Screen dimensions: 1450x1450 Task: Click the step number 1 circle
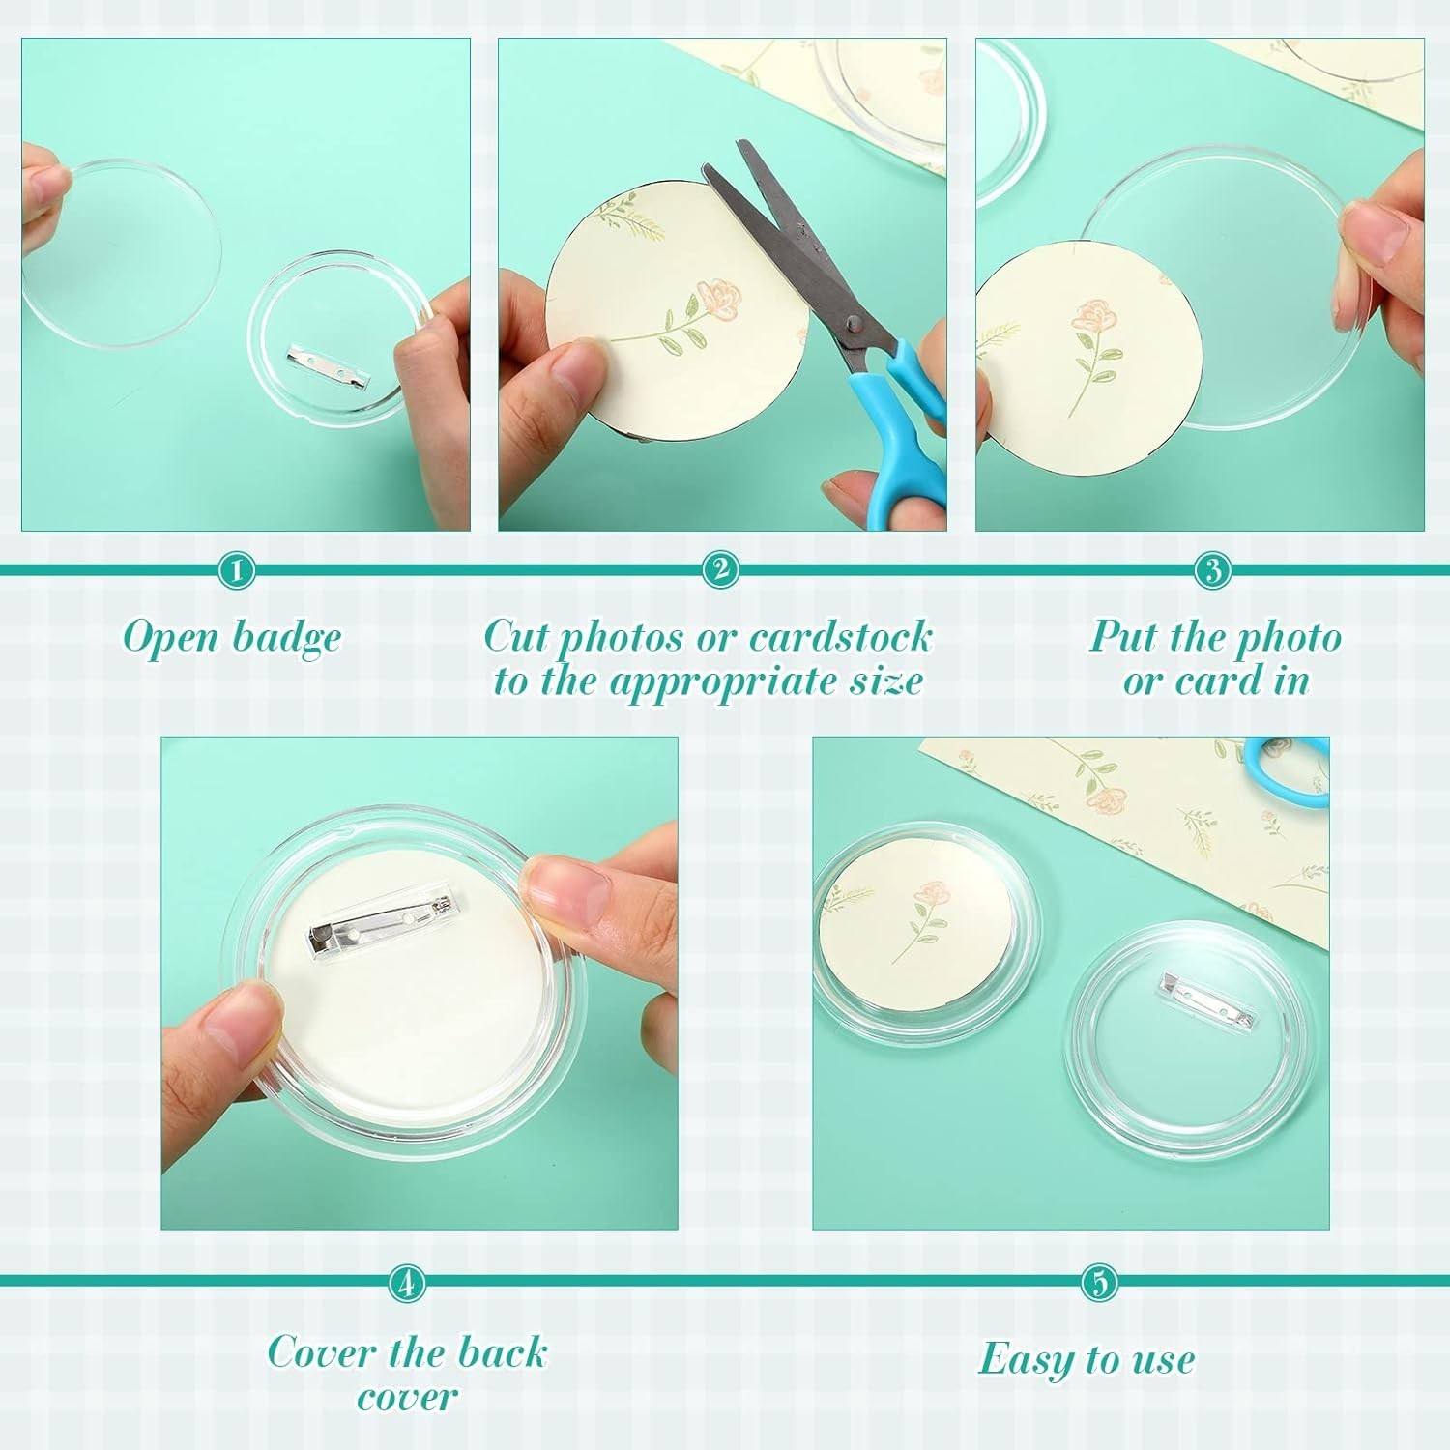pyautogui.click(x=236, y=570)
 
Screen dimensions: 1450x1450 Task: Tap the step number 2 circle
pyautogui.click(x=720, y=569)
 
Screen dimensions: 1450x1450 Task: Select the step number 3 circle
pyautogui.click(x=1212, y=570)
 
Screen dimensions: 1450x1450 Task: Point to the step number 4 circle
pyautogui.click(x=407, y=1284)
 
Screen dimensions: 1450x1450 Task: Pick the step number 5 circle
pyautogui.click(x=1099, y=1283)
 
